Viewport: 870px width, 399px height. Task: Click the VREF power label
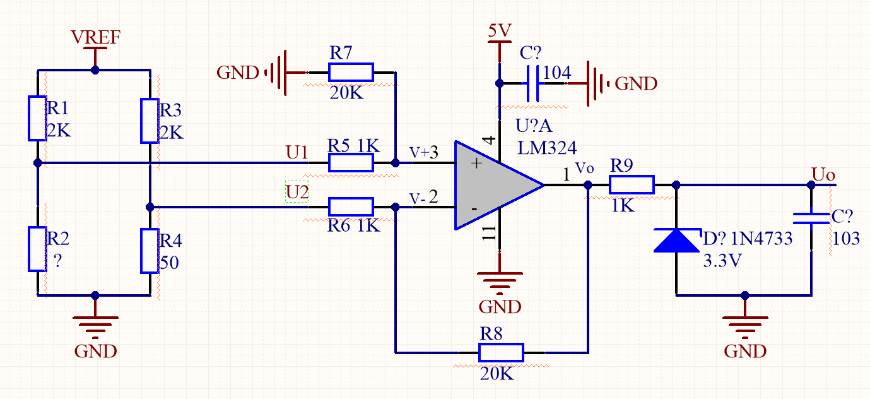pyautogui.click(x=95, y=38)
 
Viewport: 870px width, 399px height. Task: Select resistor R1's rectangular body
pyautogui.click(x=37, y=118)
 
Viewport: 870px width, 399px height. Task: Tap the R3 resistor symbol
pyautogui.click(x=150, y=121)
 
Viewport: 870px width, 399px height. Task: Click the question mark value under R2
pyautogui.click(x=58, y=262)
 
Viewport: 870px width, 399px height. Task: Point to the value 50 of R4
pyautogui.click(x=169, y=262)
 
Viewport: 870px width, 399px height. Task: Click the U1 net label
pyautogui.click(x=297, y=152)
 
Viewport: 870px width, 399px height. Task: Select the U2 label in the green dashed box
pyautogui.click(x=297, y=192)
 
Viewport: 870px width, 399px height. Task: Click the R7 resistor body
pyautogui.click(x=351, y=73)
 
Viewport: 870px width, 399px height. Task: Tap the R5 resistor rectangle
pyautogui.click(x=351, y=163)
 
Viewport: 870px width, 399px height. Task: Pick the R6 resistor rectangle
pyautogui.click(x=351, y=206)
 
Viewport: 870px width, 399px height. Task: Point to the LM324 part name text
pyautogui.click(x=547, y=148)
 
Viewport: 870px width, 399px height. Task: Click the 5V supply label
pyautogui.click(x=499, y=30)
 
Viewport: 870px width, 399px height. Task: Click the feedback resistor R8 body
pyautogui.click(x=501, y=352)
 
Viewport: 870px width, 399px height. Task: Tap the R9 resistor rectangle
pyautogui.click(x=632, y=185)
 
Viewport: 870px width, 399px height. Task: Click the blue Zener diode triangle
pyautogui.click(x=676, y=241)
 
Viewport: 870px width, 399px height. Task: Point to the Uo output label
pyautogui.click(x=823, y=173)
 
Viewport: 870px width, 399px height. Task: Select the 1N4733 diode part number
pyautogui.click(x=761, y=239)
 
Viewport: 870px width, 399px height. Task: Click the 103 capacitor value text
pyautogui.click(x=846, y=239)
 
